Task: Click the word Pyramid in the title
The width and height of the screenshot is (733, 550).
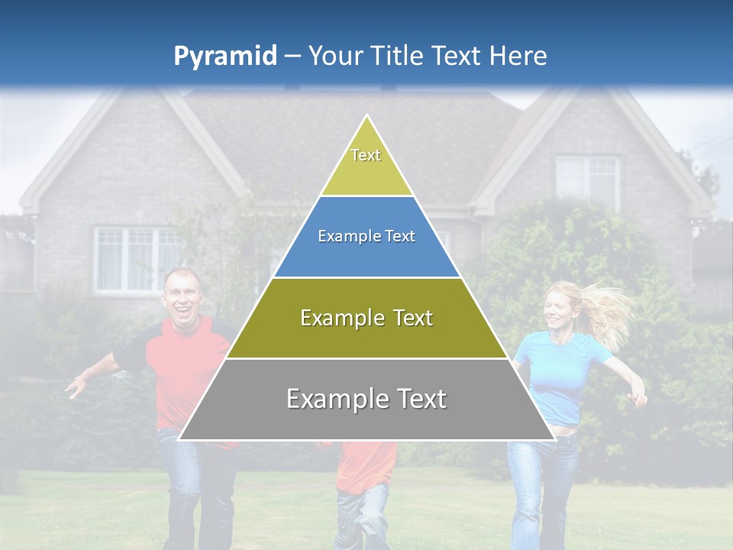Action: pos(224,57)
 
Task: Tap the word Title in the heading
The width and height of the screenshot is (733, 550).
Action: pos(398,56)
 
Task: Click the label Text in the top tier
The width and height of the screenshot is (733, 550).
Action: pos(366,155)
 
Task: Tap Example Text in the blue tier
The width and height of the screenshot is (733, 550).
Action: pos(366,236)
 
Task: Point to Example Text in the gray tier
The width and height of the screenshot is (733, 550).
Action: pos(366,398)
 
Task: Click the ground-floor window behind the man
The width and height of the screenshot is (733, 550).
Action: pos(134,260)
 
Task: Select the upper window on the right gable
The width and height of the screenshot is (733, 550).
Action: pos(586,180)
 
